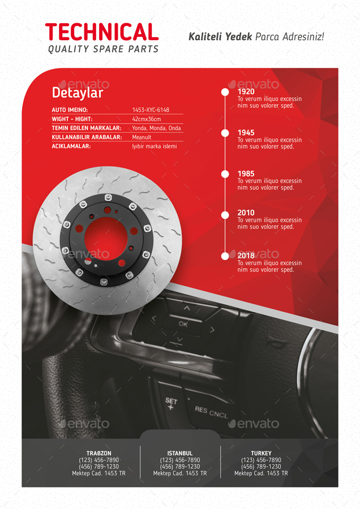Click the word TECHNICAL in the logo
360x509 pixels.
(102, 32)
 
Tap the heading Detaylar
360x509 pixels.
(78, 93)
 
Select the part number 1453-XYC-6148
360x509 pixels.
(151, 110)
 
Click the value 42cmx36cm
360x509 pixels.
(147, 119)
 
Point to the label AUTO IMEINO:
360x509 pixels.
(70, 110)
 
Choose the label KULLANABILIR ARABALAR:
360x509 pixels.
(87, 137)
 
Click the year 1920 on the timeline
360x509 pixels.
(246, 92)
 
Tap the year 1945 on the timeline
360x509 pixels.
(246, 133)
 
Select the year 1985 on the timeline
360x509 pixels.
(246, 174)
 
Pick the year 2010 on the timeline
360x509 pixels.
(246, 213)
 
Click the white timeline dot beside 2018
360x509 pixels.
(225, 256)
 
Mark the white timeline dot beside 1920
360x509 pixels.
(225, 92)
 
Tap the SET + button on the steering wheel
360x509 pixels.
(171, 404)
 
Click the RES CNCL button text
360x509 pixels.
(211, 412)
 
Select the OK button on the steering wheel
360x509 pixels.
(183, 324)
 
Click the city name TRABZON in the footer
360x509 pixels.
(98, 454)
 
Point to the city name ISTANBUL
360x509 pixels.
(180, 454)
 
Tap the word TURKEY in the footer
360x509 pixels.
(261, 454)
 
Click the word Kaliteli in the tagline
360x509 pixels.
(205, 37)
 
